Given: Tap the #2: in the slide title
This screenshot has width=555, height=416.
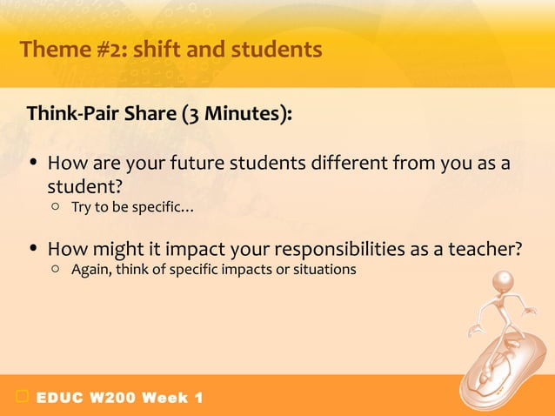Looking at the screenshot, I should click(x=110, y=50).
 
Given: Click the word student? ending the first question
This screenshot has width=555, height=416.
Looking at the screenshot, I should click(x=85, y=187).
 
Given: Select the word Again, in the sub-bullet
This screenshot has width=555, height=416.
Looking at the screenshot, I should click(x=91, y=270).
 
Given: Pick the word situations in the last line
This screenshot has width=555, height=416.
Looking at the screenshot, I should click(x=324, y=270).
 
